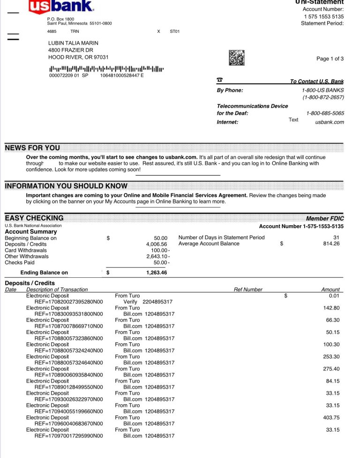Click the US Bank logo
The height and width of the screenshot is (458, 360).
[61, 7]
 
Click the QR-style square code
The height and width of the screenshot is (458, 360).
[237, 58]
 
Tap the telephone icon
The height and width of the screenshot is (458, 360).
[220, 81]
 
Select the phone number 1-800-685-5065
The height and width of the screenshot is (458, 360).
[325, 113]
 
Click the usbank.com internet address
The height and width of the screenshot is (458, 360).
[330, 122]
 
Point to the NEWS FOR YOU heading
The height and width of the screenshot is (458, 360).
[32, 148]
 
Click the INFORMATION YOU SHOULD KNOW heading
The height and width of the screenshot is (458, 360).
[66, 186]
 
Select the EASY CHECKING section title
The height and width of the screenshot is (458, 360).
[34, 218]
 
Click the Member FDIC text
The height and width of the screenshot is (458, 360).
[325, 218]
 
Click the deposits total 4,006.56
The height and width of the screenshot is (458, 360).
[157, 244]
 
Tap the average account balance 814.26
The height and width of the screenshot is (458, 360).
[331, 244]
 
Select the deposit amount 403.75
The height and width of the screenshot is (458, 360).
[331, 417]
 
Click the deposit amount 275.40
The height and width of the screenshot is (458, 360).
[331, 369]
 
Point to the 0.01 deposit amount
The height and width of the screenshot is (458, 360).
[334, 295]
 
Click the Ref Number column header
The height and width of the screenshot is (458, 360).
[248, 289]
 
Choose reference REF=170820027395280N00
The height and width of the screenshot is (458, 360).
[68, 302]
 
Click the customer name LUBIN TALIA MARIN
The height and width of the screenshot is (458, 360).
[74, 43]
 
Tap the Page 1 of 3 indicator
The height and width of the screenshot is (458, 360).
[330, 59]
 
